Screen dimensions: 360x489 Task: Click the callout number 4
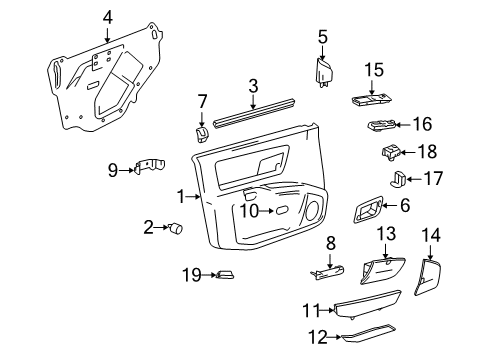[x=108, y=16]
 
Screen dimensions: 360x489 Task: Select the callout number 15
[x=374, y=69]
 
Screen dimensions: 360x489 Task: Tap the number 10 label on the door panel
[x=251, y=210]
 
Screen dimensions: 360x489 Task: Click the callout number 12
[x=319, y=338]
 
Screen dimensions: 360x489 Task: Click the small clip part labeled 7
[x=199, y=131]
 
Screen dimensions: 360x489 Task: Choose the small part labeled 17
[x=396, y=180]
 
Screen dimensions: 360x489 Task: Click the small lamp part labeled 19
[x=225, y=276]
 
